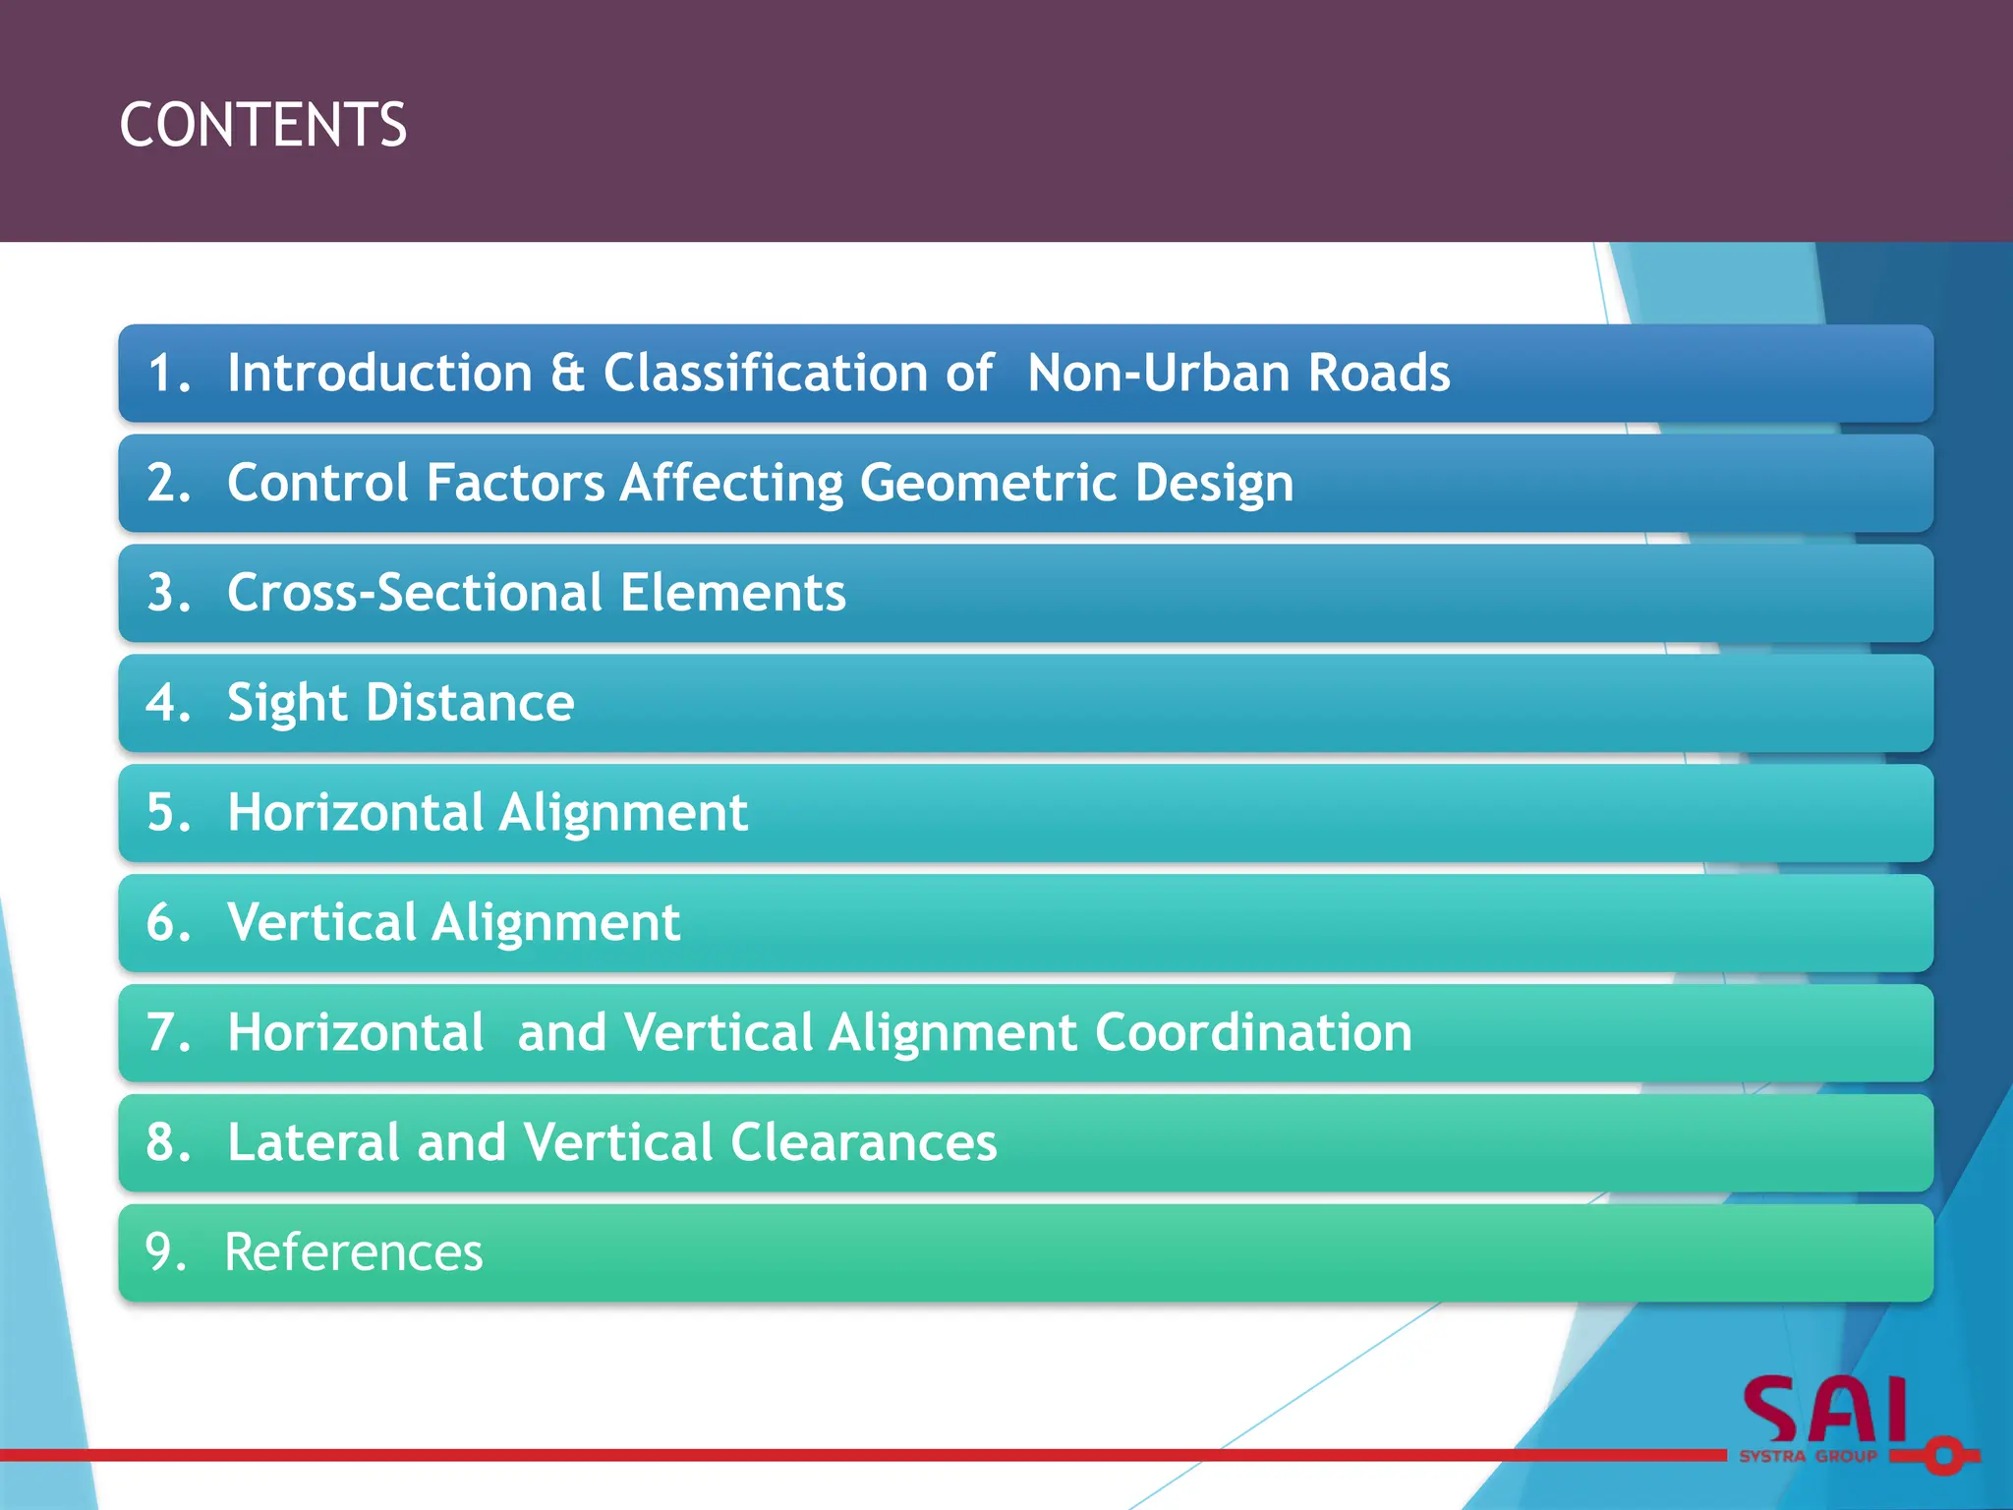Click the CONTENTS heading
[x=262, y=125]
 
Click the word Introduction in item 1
[x=379, y=374]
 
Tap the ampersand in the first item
[x=567, y=374]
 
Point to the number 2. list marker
[x=168, y=484]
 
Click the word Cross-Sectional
[x=415, y=593]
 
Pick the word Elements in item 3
[x=732, y=593]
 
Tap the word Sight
[x=287, y=704]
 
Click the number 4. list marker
[x=168, y=703]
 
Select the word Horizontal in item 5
[x=355, y=813]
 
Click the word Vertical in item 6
[x=321, y=923]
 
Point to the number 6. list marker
[x=168, y=923]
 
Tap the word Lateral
[x=313, y=1143]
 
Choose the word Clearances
[x=863, y=1143]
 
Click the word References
[x=354, y=1253]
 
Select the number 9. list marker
[x=165, y=1253]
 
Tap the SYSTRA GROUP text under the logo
[x=1808, y=1457]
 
